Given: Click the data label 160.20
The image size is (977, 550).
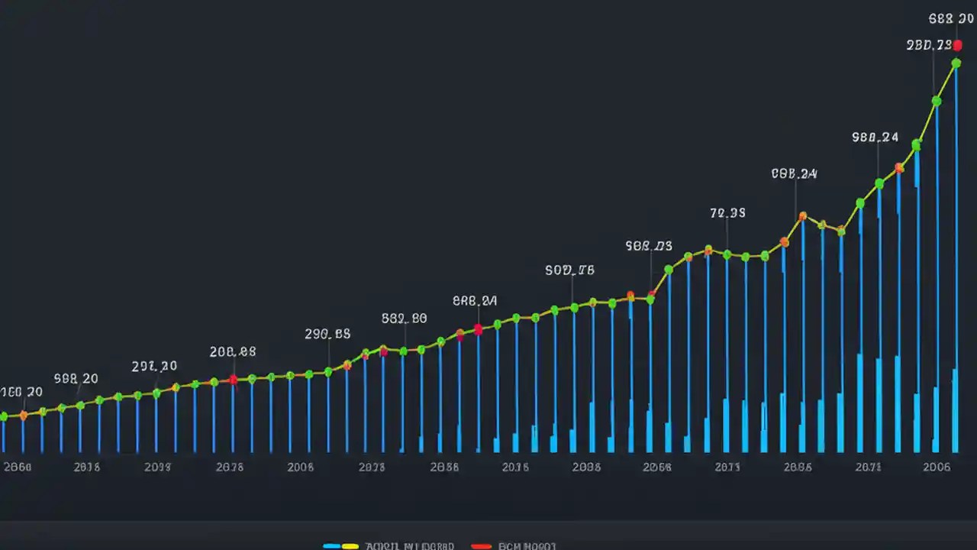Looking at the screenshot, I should pyautogui.click(x=21, y=392).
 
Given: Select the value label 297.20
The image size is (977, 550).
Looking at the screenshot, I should pyautogui.click(x=154, y=366).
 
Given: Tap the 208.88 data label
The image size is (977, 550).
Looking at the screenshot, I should pyautogui.click(x=233, y=352).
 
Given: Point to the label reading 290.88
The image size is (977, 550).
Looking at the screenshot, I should pyautogui.click(x=327, y=334).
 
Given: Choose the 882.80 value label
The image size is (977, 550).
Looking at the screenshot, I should pyautogui.click(x=404, y=319).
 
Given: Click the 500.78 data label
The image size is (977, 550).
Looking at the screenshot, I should pyautogui.click(x=569, y=270).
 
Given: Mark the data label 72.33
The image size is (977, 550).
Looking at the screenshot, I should pyautogui.click(x=727, y=213).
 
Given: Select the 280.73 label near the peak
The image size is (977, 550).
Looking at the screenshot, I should pyautogui.click(x=929, y=45).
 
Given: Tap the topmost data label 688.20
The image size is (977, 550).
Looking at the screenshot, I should pyautogui.click(x=950, y=19).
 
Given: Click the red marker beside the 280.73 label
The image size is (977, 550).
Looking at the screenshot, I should pyautogui.click(x=958, y=46).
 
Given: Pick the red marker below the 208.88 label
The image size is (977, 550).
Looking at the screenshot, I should pyautogui.click(x=234, y=380).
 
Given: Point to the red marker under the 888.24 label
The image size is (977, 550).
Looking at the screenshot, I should pyautogui.click(x=478, y=329).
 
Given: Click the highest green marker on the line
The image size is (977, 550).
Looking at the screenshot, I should pyautogui.click(x=956, y=63).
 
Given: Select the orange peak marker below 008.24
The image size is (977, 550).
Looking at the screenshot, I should pyautogui.click(x=802, y=217).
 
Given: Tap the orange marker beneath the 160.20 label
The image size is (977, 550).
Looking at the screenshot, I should pyautogui.click(x=23, y=416).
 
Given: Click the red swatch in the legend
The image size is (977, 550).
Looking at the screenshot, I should pyautogui.click(x=481, y=546).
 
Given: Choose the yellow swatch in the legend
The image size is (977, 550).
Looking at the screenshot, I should pyautogui.click(x=350, y=546).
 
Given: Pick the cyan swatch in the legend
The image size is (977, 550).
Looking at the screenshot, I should pyautogui.click(x=332, y=546).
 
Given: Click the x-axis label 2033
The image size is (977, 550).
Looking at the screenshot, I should pyautogui.click(x=157, y=467).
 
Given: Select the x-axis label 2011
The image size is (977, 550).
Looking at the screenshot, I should pyautogui.click(x=727, y=467).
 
